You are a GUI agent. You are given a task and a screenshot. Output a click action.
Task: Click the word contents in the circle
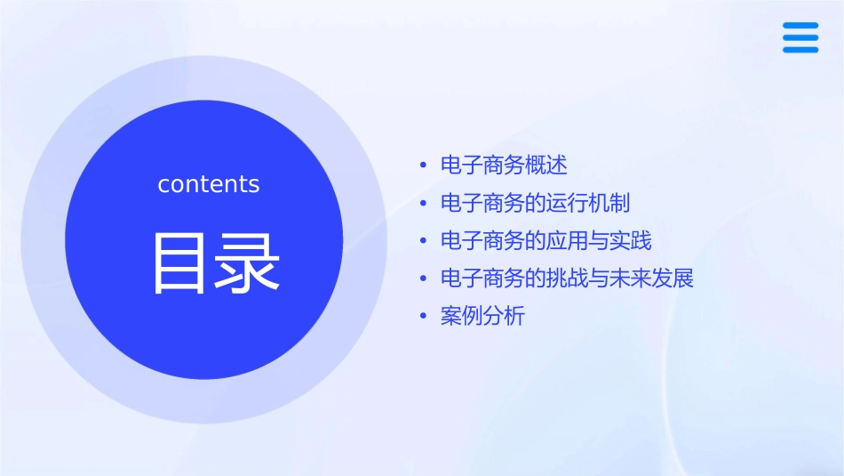tap(209, 184)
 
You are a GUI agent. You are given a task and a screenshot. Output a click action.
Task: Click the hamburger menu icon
tap(800, 37)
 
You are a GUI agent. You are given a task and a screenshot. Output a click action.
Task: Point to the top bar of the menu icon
tap(800, 26)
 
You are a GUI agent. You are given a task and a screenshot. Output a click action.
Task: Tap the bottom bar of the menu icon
tap(800, 50)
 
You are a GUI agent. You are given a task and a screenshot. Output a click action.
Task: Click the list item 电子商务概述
tap(504, 165)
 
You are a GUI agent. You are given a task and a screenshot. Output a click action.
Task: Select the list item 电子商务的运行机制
tap(535, 203)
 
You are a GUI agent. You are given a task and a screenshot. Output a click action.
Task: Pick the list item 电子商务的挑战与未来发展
tap(567, 278)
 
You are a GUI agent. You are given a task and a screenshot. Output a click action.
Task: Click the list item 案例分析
tap(482, 316)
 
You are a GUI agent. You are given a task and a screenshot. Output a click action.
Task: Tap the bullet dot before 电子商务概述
tap(424, 166)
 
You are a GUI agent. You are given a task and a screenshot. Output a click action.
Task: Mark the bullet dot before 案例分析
tap(424, 317)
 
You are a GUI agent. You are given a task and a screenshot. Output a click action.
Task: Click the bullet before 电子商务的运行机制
tap(424, 204)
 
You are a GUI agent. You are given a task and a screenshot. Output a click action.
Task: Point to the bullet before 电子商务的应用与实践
tap(424, 242)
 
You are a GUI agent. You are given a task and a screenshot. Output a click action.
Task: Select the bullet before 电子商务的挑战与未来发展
tap(424, 279)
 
